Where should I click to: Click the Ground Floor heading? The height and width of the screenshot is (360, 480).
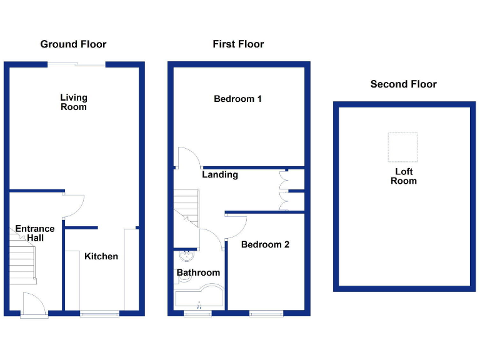[73, 44]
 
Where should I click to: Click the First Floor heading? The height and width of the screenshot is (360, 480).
[238, 44]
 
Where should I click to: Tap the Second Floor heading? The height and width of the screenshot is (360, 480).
[403, 84]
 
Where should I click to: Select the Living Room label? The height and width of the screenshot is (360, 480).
[74, 102]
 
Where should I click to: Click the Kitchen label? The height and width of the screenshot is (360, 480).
[101, 256]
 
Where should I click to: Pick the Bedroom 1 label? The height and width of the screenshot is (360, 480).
[237, 99]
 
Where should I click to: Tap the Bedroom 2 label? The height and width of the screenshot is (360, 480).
[265, 244]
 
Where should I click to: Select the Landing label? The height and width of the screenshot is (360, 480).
[219, 175]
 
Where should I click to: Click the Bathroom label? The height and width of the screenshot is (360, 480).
[198, 272]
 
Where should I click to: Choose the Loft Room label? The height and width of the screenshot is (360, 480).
[403, 176]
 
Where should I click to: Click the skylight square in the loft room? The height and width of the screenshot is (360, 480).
[402, 147]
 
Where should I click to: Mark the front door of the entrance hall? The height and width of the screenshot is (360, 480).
[32, 305]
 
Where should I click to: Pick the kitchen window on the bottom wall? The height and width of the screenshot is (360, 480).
[99, 314]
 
